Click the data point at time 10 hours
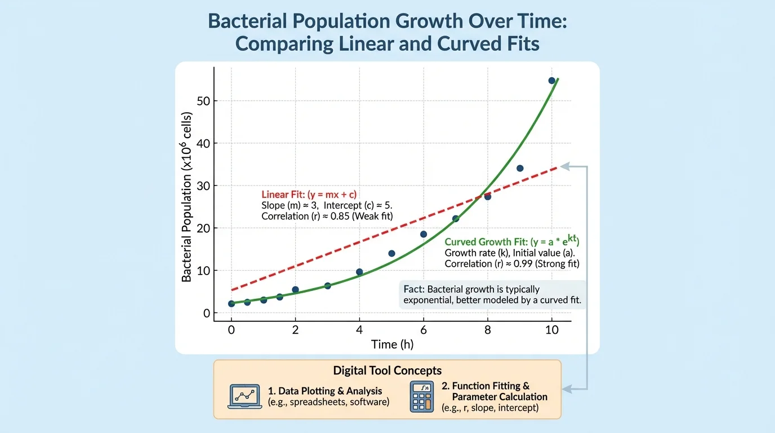[552, 81]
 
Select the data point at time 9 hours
[520, 169]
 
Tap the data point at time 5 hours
[391, 254]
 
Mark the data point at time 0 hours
[231, 304]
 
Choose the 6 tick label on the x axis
[424, 329]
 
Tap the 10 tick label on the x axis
[552, 329]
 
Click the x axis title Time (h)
[393, 344]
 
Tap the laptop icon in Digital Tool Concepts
[245, 396]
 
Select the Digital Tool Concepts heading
[387, 370]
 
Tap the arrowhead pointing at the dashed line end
[564, 166]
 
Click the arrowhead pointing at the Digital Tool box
[566, 388]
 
